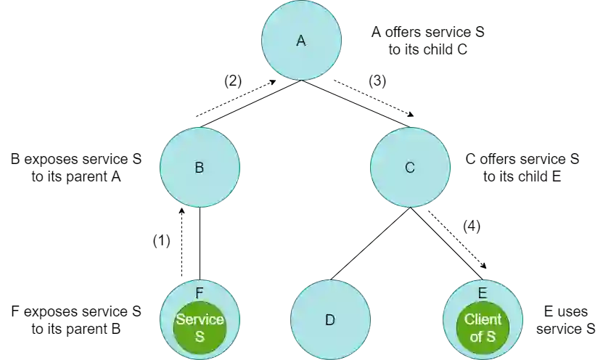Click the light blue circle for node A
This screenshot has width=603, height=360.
301,58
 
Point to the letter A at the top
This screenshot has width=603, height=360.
301,41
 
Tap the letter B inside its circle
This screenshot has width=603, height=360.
200,168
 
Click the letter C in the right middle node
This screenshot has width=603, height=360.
410,168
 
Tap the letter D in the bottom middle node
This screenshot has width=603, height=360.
330,320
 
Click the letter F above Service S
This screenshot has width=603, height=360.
200,293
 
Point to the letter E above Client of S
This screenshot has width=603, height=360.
483,293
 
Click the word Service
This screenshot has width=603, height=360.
200,320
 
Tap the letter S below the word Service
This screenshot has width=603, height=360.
200,336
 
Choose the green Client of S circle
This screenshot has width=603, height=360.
483,344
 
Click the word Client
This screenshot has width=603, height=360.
483,320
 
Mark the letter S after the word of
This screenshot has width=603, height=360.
491,336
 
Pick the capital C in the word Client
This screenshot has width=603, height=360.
469,320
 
